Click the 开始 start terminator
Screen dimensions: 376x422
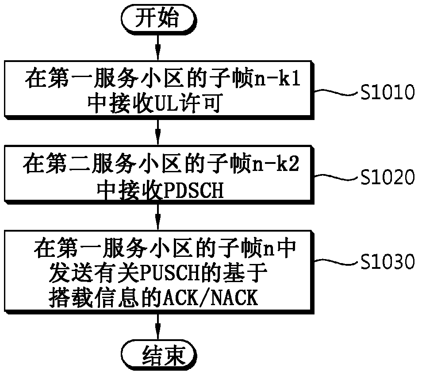pyautogui.click(x=157, y=19)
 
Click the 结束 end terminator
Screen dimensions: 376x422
pyautogui.click(x=157, y=355)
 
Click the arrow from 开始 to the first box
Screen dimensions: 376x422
pyautogui.click(x=157, y=45)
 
